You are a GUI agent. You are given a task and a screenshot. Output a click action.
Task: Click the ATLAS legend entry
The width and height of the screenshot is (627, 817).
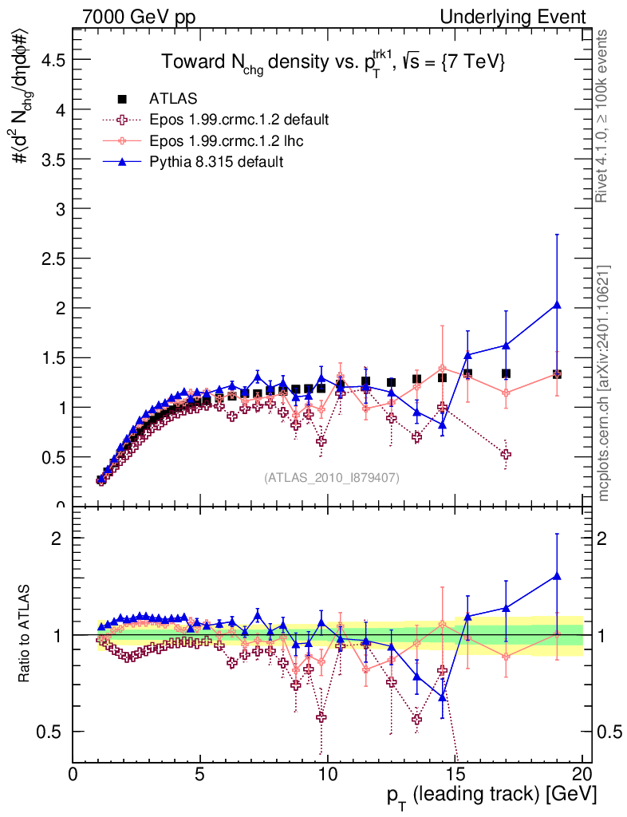tap(168, 99)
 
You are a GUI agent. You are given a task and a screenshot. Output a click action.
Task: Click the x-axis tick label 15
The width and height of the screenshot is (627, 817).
tap(455, 774)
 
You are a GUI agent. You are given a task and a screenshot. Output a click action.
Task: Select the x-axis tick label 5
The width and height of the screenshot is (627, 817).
tap(200, 774)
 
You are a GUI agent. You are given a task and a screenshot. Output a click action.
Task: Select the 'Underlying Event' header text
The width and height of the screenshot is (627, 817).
tap(527, 16)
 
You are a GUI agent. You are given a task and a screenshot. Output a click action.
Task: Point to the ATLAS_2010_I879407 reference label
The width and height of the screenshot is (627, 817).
tap(332, 477)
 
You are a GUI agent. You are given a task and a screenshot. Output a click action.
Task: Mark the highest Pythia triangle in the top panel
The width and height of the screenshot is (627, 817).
tap(557, 305)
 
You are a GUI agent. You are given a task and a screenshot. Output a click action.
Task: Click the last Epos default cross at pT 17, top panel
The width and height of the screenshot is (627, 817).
tap(506, 454)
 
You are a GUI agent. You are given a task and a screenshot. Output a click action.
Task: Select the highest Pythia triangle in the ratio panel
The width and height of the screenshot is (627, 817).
tap(557, 575)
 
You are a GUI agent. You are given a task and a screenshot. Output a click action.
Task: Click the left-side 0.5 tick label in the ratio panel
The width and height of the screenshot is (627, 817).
tap(53, 732)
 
